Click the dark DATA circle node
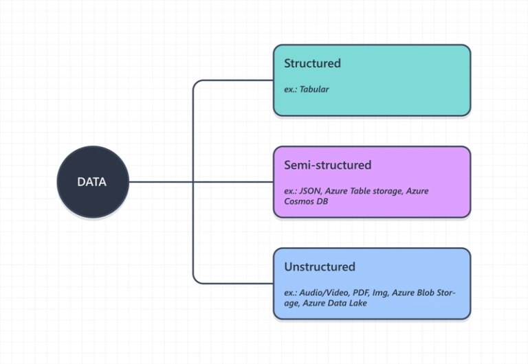(x=92, y=182)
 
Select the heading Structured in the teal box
(x=312, y=63)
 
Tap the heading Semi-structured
(x=327, y=165)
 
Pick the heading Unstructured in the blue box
(x=320, y=266)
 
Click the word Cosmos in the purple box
(x=300, y=202)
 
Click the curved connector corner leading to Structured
(x=197, y=84)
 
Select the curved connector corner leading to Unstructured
(x=197, y=280)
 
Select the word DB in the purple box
(x=323, y=202)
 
